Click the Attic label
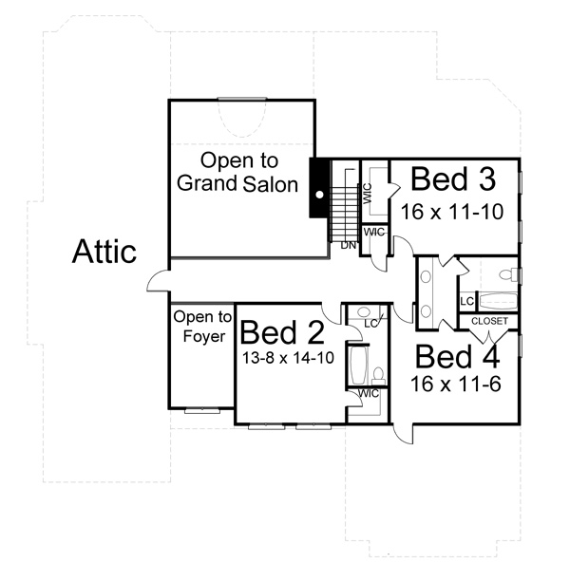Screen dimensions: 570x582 click(x=104, y=252)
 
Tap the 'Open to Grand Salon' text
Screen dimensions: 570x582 click(x=237, y=172)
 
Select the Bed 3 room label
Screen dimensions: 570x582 click(x=453, y=179)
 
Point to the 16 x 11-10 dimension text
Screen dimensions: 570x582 click(x=452, y=212)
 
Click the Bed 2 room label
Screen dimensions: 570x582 click(x=282, y=332)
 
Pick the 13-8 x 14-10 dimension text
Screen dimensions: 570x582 click(x=288, y=358)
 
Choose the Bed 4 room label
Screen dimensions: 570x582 click(x=457, y=357)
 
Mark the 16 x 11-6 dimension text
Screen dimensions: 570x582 click(x=456, y=384)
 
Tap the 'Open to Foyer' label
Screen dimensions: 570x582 click(x=202, y=327)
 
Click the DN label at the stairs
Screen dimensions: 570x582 click(x=349, y=245)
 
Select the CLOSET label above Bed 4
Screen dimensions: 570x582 click(x=489, y=321)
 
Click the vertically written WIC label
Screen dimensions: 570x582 click(x=367, y=193)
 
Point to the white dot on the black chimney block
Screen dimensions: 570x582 click(x=319, y=194)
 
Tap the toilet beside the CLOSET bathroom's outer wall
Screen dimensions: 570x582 click(x=508, y=275)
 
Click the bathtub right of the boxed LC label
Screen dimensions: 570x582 click(x=498, y=301)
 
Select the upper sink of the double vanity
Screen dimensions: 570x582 click(x=426, y=276)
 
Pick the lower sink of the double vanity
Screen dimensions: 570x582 click(x=426, y=311)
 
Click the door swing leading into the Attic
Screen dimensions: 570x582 click(x=159, y=281)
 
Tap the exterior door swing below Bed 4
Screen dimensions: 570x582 click(x=403, y=433)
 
